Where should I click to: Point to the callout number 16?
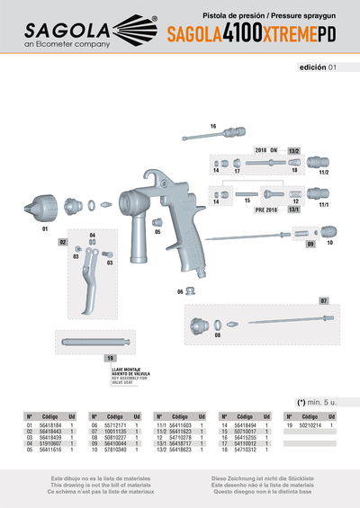click(x=213, y=126)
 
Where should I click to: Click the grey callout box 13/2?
click(x=293, y=151)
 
